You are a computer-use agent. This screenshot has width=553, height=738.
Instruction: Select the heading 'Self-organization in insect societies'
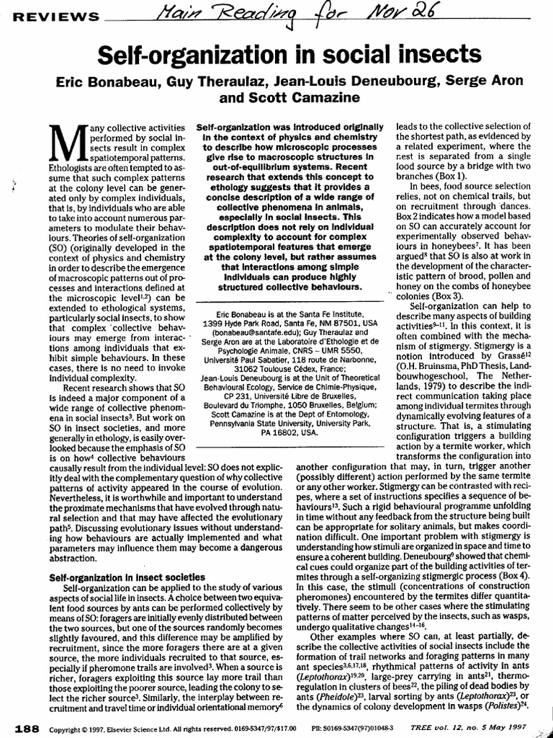click(126, 577)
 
